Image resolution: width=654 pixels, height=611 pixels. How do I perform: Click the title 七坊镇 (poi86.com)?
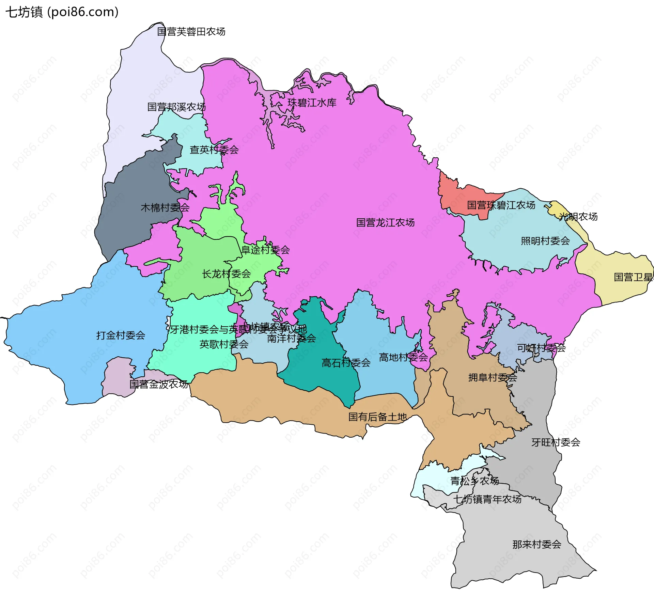62,12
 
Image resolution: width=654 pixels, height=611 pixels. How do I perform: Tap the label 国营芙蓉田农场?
191,32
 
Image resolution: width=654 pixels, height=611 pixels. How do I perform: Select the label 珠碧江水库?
312,103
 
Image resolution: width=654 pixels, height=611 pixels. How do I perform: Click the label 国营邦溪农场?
176,107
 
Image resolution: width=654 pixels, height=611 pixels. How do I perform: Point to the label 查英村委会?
214,150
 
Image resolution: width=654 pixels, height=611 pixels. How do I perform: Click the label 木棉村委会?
165,207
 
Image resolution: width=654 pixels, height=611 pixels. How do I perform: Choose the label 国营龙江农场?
385,222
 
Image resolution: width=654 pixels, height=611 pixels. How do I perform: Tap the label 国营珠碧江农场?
501,205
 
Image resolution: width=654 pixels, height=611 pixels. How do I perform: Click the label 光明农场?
578,217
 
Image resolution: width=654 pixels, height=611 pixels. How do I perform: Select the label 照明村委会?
545,241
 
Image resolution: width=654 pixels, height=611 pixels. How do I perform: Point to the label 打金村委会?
121,335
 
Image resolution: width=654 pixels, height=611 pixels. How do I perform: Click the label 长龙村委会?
226,273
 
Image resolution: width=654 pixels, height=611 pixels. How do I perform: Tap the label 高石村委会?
346,363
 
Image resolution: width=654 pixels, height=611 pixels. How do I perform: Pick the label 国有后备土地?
377,417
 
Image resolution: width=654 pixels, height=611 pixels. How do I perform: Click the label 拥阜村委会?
493,377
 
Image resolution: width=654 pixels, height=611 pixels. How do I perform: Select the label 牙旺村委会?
556,442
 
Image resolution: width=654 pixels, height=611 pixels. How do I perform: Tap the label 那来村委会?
537,544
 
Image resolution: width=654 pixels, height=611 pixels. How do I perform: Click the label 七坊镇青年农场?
487,499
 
